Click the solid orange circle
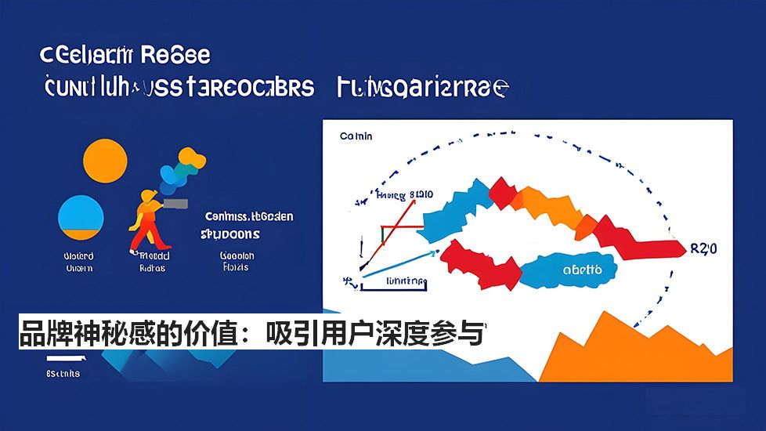click(104, 161)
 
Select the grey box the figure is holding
click(177, 205)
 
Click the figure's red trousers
click(142, 234)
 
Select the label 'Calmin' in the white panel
click(356, 136)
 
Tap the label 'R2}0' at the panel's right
click(703, 249)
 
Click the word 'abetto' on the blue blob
click(582, 270)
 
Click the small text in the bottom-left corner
click(63, 373)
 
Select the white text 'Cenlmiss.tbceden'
click(249, 216)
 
